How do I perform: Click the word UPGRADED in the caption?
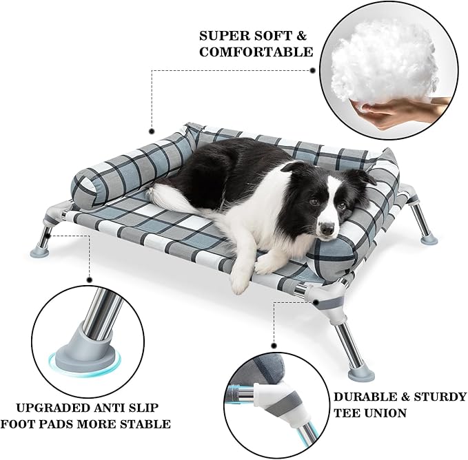48,406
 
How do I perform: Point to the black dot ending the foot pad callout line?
89,280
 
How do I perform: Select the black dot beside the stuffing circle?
312,69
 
